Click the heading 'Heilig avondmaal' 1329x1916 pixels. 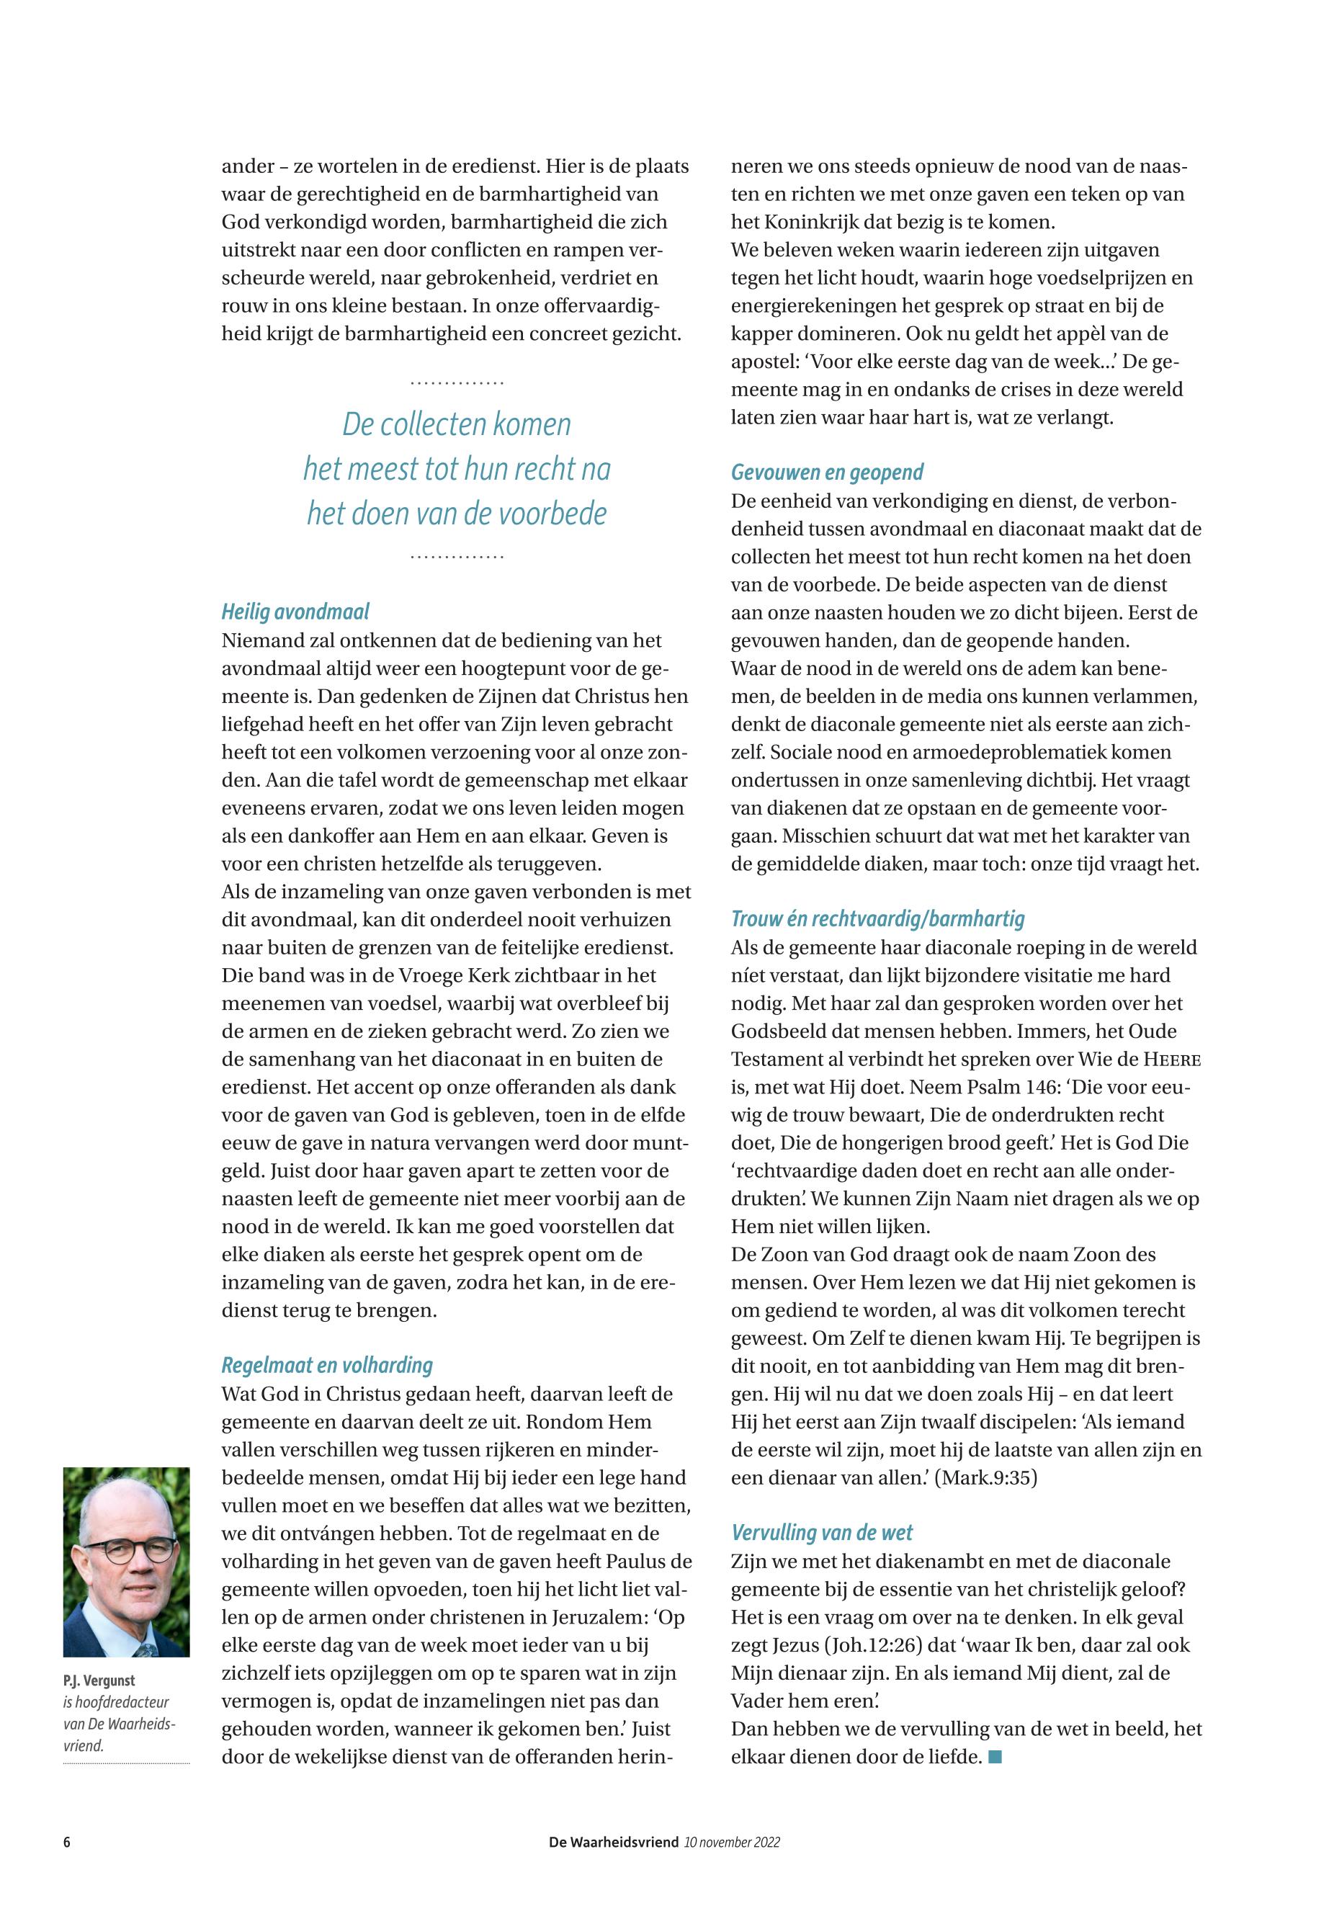tap(295, 613)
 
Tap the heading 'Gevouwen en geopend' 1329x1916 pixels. tap(827, 473)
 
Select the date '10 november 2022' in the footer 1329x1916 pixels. tap(732, 1843)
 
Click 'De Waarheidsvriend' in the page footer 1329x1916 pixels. tap(614, 1843)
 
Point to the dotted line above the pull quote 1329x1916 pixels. tap(457, 383)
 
